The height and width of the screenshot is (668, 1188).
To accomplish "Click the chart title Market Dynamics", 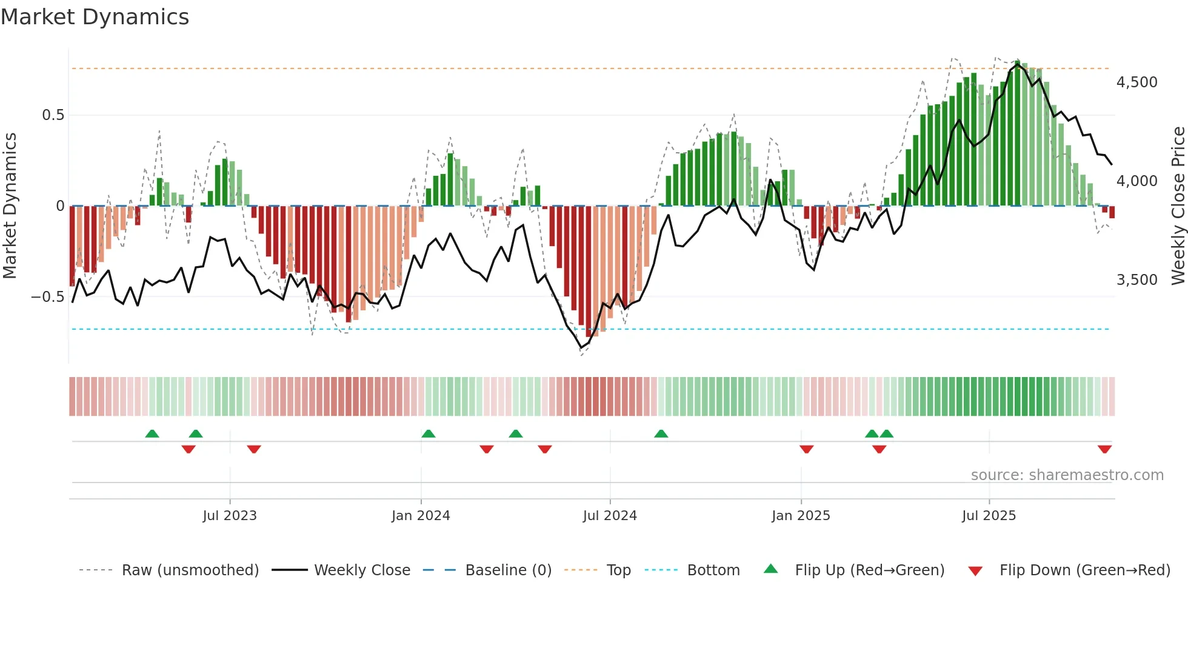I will (95, 17).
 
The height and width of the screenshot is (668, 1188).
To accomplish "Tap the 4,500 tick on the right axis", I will (1136, 82).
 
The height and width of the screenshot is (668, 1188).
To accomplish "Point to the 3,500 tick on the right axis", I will (1136, 280).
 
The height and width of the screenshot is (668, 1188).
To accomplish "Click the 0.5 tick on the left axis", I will (53, 115).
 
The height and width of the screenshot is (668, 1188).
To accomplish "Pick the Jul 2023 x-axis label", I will (230, 516).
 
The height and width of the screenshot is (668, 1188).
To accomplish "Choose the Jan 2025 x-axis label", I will (801, 516).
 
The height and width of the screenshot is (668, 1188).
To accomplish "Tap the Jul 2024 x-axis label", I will (610, 516).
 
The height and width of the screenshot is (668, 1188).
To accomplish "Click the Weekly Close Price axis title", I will (1178, 206).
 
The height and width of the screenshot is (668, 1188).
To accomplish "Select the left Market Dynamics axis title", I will (10, 206).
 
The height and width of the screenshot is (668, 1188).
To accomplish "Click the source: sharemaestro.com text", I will (1067, 475).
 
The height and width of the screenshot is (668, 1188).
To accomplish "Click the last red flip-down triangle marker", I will (1104, 449).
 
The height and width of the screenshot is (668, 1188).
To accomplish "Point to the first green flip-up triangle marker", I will (152, 433).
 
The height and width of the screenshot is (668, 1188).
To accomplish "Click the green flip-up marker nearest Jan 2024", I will (428, 433).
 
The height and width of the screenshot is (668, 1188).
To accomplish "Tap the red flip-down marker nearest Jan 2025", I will (806, 449).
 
